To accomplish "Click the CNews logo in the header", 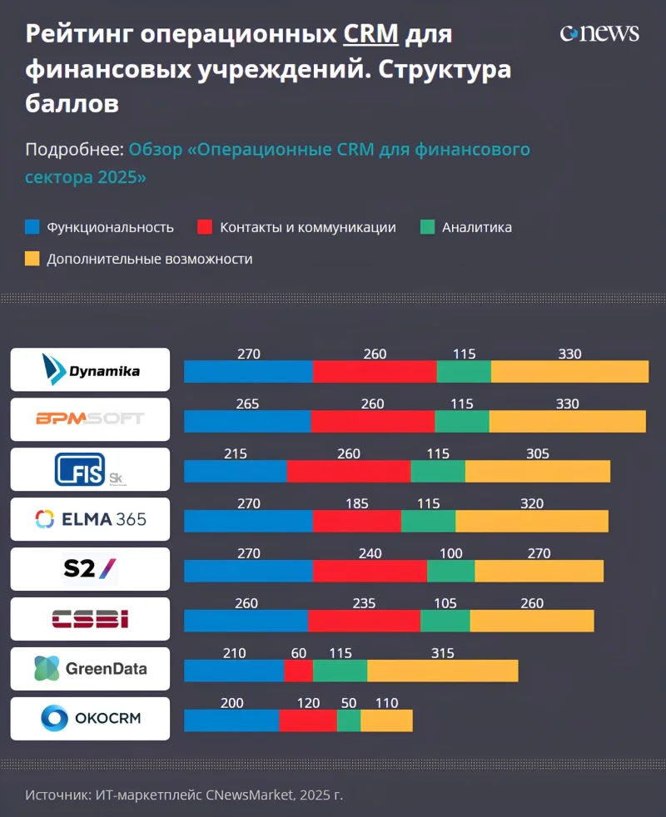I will click(x=599, y=32).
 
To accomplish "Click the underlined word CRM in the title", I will click(x=371, y=34).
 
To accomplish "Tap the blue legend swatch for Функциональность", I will click(x=32, y=227).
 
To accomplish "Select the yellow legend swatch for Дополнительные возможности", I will click(x=32, y=259).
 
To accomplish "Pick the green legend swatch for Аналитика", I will click(x=428, y=227).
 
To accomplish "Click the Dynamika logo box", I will click(x=90, y=369).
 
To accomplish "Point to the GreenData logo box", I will click(x=90, y=669).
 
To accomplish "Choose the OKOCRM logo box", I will click(x=90, y=719).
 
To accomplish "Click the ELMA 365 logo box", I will click(x=90, y=519).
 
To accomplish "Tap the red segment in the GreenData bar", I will click(x=298, y=671).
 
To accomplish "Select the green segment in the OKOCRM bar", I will click(x=349, y=720).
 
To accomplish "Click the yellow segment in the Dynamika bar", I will click(x=569, y=371).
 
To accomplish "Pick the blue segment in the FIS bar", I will click(x=235, y=471).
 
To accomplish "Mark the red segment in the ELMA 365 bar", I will click(x=356, y=521).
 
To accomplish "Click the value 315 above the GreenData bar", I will click(x=443, y=653).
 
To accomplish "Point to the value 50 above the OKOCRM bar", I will click(x=348, y=703).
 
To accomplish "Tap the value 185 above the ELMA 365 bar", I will click(x=357, y=503).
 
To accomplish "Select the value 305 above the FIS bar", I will click(x=538, y=453).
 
